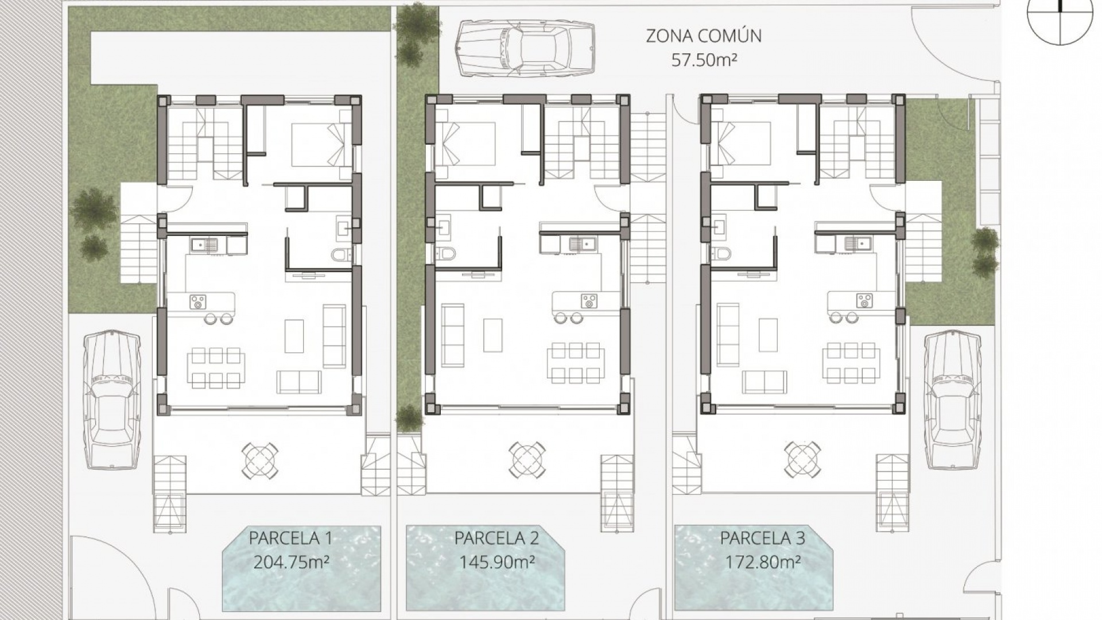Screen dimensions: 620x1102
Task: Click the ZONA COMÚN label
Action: click(704, 36)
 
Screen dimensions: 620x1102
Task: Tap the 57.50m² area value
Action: click(704, 60)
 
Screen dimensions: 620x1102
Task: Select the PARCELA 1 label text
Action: click(290, 538)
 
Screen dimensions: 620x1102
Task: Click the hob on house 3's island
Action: click(864, 300)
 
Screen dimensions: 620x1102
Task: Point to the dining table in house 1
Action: click(216, 367)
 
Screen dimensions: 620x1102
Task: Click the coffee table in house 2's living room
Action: click(492, 335)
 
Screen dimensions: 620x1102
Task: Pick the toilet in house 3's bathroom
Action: click(723, 253)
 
